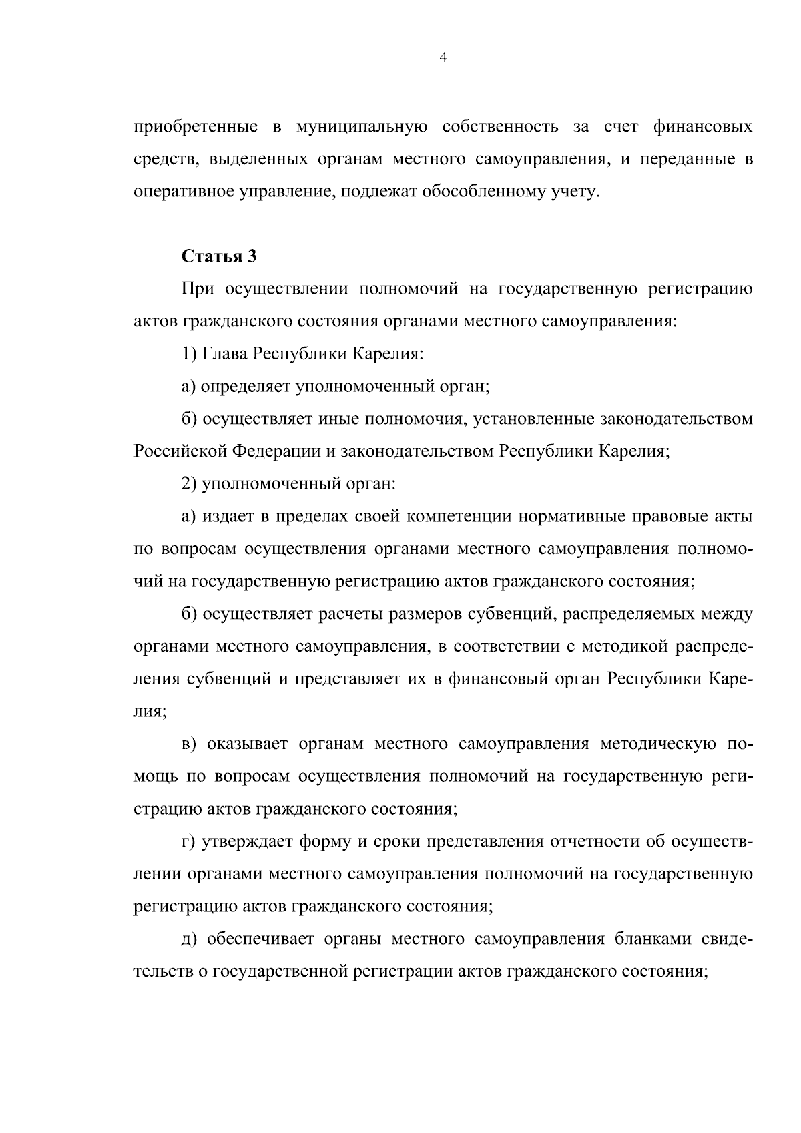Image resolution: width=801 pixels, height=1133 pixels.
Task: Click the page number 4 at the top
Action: click(443, 58)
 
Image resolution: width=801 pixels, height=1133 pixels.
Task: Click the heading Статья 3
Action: click(218, 256)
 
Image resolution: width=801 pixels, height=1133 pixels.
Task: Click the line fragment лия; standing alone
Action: click(150, 712)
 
